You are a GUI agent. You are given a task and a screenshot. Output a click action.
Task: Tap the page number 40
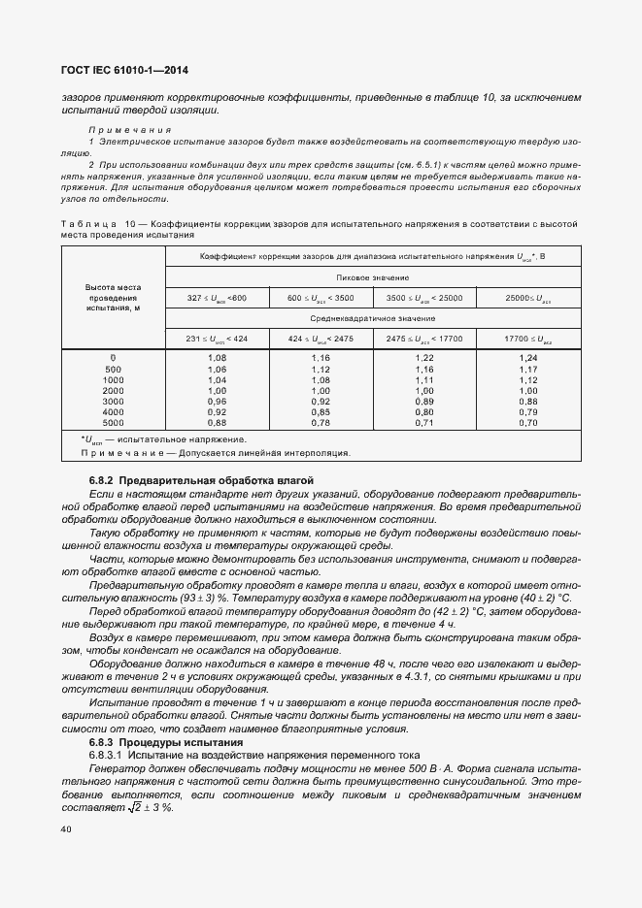65,828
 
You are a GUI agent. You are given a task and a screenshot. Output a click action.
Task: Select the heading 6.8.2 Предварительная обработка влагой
201,481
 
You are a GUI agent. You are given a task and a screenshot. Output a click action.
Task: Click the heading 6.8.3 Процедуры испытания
167,742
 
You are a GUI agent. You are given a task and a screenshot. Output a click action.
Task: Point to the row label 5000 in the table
114,423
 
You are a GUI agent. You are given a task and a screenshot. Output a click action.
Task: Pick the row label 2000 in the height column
114,391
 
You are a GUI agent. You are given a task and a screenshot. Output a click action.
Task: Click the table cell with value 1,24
528,359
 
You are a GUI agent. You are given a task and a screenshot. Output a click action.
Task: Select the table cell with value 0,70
528,423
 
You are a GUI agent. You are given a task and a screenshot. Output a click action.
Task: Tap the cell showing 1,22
424,359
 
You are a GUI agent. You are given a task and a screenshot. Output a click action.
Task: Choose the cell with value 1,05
217,370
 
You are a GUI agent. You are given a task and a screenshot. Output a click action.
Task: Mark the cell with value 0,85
321,412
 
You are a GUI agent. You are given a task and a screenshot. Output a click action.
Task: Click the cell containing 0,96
217,402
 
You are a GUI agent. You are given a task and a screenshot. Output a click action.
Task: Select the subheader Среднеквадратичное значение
374,317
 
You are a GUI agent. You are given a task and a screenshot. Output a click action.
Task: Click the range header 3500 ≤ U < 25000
424,297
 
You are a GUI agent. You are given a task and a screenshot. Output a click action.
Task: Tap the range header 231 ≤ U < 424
217,338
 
